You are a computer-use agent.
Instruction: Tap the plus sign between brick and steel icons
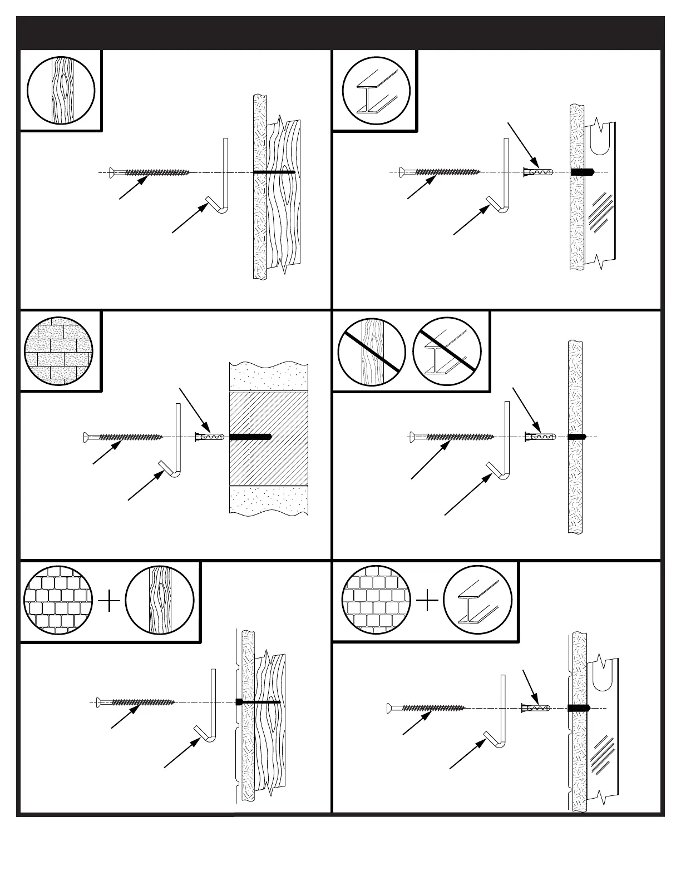[427, 602]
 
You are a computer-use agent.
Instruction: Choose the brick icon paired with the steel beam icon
[376, 602]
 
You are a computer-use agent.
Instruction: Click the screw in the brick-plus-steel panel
[426, 708]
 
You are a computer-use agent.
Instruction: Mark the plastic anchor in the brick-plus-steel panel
[535, 708]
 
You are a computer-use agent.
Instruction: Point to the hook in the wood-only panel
[223, 178]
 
